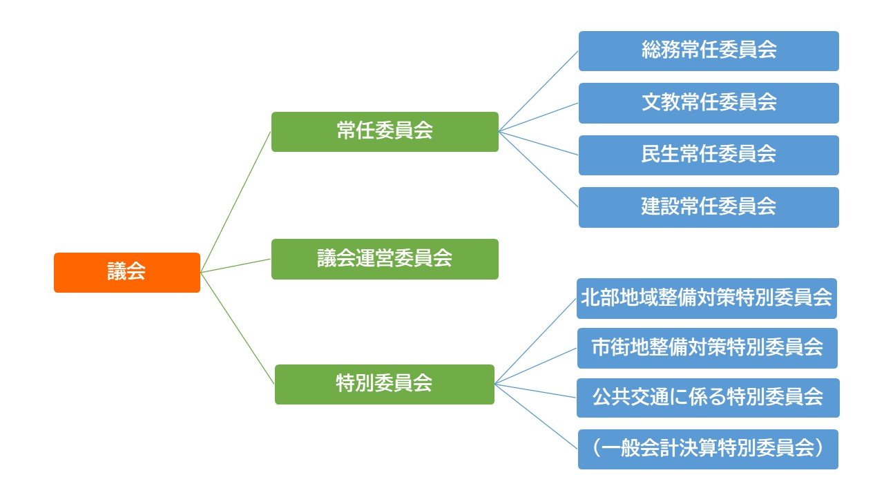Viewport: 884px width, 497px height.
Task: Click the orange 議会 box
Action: point(127,273)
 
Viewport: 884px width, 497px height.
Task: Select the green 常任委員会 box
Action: point(385,132)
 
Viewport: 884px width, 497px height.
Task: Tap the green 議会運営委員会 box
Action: point(385,259)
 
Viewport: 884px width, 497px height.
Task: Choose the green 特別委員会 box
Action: point(385,384)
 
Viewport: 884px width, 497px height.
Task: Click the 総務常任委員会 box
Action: point(709,50)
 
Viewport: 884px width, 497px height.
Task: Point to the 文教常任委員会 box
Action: point(709,103)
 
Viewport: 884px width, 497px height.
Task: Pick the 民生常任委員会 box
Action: point(709,155)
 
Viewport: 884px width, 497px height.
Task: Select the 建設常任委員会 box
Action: point(709,207)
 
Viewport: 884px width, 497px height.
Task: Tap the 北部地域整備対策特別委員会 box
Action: point(707,298)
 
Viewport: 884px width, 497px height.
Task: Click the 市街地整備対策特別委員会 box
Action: point(707,348)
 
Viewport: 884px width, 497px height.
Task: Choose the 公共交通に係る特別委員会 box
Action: point(707,398)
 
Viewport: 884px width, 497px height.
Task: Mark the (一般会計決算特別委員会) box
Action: point(707,449)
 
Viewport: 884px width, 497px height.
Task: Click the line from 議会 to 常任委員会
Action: point(236,202)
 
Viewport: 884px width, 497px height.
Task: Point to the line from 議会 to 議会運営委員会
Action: point(236,266)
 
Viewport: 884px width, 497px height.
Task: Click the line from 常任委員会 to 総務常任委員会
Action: point(539,90)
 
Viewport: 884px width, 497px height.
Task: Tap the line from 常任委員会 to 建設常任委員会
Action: point(539,169)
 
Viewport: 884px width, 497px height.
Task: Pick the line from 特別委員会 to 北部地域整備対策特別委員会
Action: point(536,341)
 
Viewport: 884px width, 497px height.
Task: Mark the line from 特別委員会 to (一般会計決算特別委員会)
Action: point(536,417)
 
